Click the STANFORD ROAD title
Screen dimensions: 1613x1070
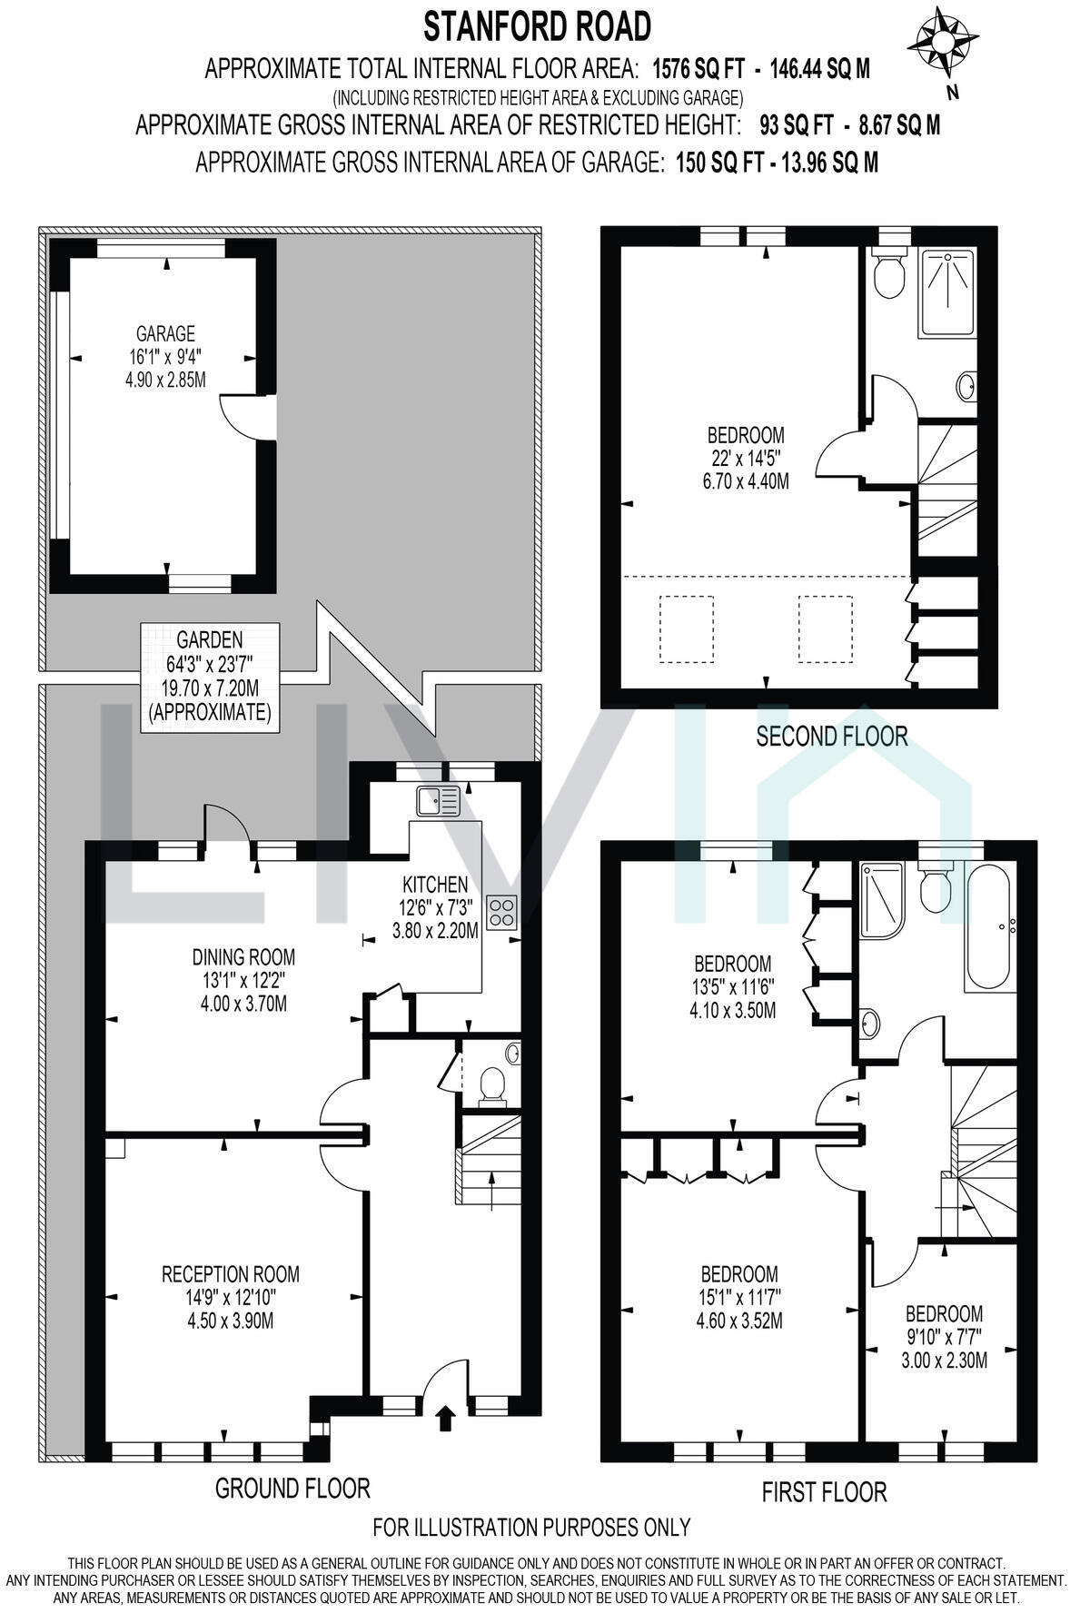(537, 27)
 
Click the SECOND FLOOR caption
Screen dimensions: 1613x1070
(831, 736)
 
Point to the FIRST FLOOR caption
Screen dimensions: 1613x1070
(823, 1491)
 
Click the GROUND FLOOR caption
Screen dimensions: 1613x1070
(292, 1488)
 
